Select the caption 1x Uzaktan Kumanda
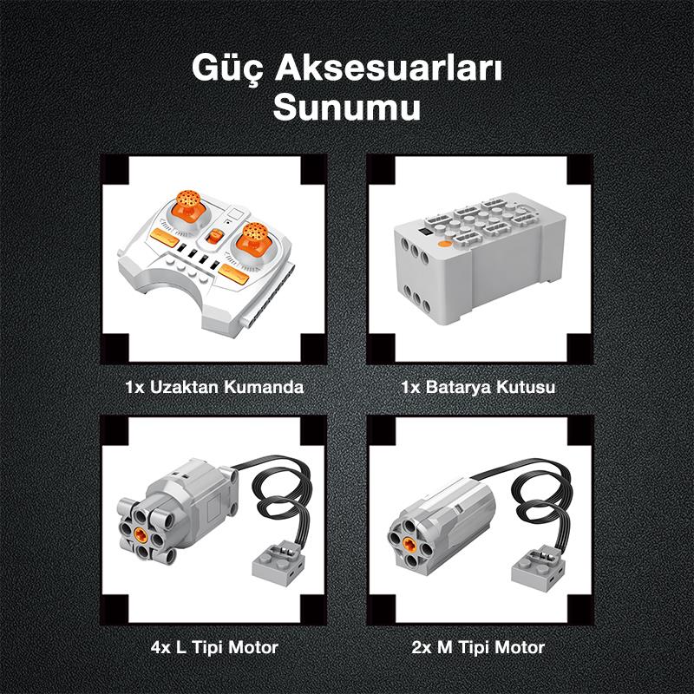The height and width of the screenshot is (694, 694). pyautogui.click(x=214, y=387)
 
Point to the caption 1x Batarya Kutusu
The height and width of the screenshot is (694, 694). pyautogui.click(x=478, y=387)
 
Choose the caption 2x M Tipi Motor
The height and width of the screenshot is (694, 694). pyautogui.click(x=478, y=647)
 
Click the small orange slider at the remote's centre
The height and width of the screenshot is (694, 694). pyautogui.click(x=216, y=238)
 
